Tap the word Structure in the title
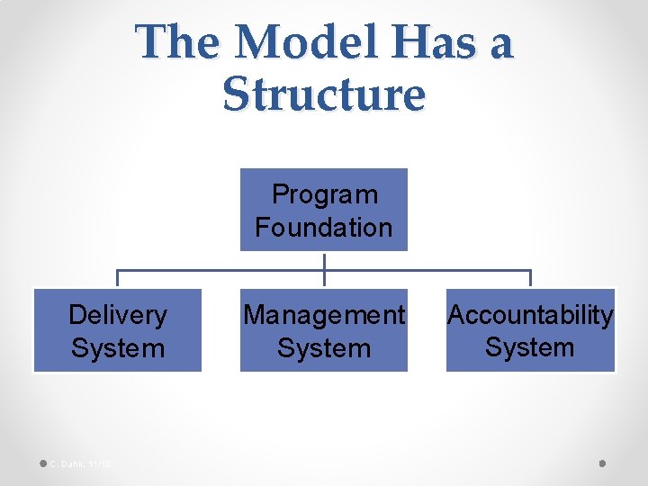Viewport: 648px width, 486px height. click(323, 94)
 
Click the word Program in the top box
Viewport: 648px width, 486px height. click(324, 194)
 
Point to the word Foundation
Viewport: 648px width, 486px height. click(324, 227)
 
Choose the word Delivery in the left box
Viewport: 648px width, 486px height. click(118, 315)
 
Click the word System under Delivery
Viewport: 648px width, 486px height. click(118, 347)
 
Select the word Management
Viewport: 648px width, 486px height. click(324, 315)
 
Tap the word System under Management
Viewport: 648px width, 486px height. click(324, 347)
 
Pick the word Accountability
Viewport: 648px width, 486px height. click(530, 315)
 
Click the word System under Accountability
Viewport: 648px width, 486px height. click(530, 347)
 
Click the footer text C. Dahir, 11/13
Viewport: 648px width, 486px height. click(80, 463)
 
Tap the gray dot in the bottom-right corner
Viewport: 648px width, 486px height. click(602, 463)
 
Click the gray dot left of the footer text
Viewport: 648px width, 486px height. click(43, 463)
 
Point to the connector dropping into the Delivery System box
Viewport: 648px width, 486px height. click(118, 279)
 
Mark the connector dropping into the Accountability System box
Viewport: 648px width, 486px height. click(530, 279)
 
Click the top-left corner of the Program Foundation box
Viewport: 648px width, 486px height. click(241, 170)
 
